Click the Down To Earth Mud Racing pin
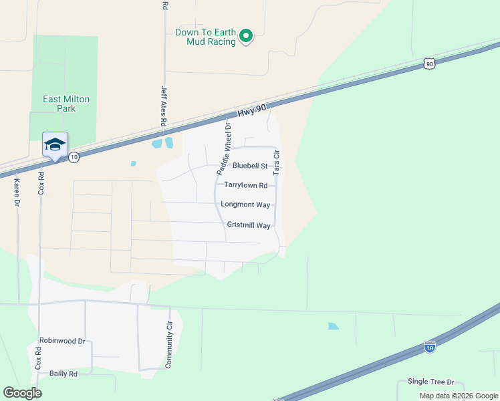tap(246, 35)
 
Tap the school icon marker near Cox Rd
tap(55, 144)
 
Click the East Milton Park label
tap(66, 104)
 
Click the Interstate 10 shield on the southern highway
tap(430, 348)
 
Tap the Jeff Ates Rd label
tap(163, 106)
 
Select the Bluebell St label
tap(250, 166)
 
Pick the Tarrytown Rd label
tap(246, 185)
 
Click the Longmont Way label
tap(250, 205)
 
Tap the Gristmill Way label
tap(249, 226)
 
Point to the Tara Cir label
tap(276, 162)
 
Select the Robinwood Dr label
tap(62, 341)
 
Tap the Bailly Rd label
tap(64, 374)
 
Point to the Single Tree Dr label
tap(430, 382)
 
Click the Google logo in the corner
tap(22, 393)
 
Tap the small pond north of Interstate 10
tap(333, 327)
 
